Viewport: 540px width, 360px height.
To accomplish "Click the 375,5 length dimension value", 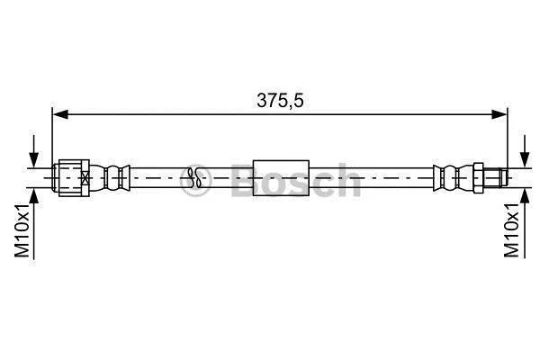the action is click(x=280, y=101).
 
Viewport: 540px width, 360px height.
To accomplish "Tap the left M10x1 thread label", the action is click(x=22, y=230).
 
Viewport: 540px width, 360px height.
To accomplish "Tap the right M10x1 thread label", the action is click(x=511, y=230).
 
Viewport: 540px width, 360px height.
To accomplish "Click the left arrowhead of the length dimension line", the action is click(x=60, y=114).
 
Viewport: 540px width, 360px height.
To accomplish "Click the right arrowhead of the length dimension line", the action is click(x=499, y=114).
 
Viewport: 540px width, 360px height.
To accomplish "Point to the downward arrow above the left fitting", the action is click(x=34, y=151).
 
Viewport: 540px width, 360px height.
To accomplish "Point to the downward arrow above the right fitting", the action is click(x=525, y=151).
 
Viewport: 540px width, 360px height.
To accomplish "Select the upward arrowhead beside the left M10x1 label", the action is click(x=34, y=197).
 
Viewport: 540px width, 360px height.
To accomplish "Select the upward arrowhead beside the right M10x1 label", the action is click(x=525, y=197).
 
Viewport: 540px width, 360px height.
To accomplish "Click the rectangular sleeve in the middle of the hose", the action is click(x=281, y=178).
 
